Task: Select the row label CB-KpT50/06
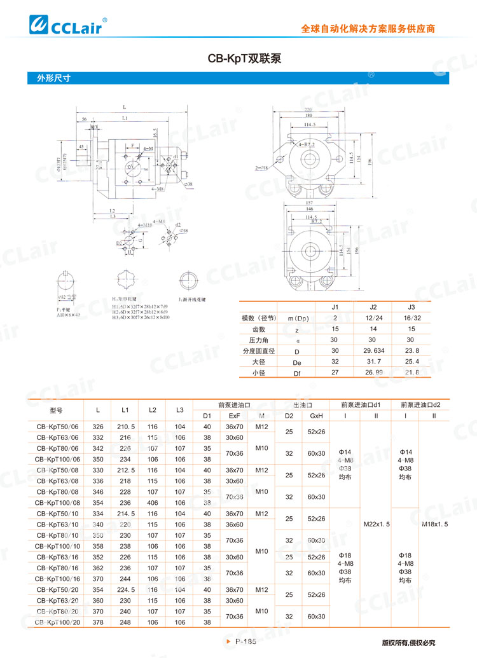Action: (58, 427)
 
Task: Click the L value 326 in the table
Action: (98, 427)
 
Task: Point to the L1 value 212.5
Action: (125, 470)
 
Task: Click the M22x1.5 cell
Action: (377, 524)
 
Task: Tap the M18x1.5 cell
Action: (435, 524)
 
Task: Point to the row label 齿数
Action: (258, 329)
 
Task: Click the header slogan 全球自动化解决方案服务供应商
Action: (368, 29)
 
